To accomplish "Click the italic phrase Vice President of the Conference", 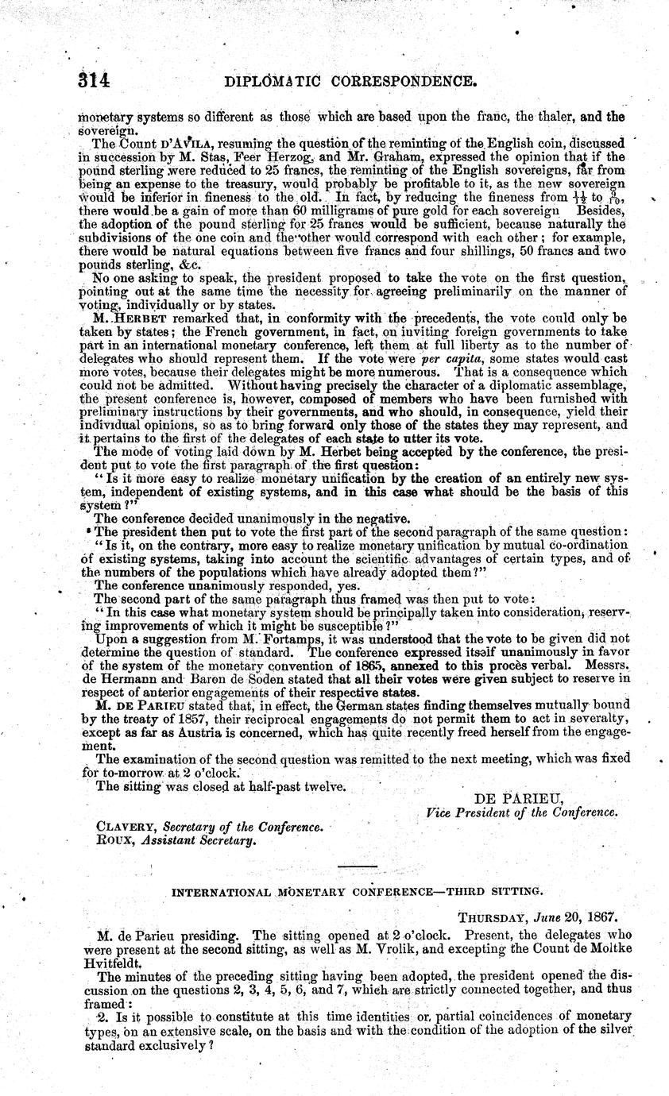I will point(520,812).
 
